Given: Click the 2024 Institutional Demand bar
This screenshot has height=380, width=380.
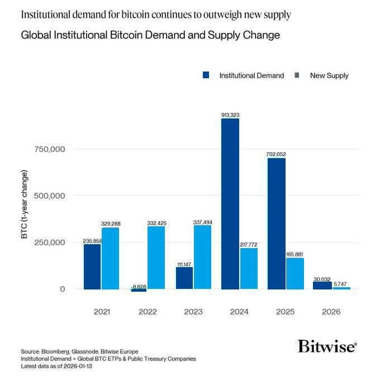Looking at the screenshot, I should pyautogui.click(x=230, y=204).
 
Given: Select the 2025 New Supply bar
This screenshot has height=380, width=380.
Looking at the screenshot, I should pyautogui.click(x=294, y=274).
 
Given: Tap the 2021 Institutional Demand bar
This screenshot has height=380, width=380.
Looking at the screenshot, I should pyautogui.click(x=92, y=267).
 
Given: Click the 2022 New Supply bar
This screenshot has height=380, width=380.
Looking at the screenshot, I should pyautogui.click(x=156, y=258).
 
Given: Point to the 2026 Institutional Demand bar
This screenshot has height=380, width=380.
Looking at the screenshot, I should pyautogui.click(x=322, y=285).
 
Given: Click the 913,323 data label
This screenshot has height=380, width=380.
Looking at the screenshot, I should pyautogui.click(x=230, y=115).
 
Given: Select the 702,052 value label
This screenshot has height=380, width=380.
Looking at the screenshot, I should pyautogui.click(x=276, y=154).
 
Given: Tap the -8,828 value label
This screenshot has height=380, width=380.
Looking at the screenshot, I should pyautogui.click(x=138, y=286).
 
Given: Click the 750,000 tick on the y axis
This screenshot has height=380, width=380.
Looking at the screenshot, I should pyautogui.click(x=50, y=149).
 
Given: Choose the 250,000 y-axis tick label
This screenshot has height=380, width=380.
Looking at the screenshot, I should pyautogui.click(x=50, y=243).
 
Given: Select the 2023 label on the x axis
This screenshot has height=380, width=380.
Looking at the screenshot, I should pyautogui.click(x=193, y=312).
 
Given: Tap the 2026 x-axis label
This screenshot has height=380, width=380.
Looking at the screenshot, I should pyautogui.click(x=331, y=312).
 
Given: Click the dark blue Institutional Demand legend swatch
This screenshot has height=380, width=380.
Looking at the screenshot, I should pyautogui.click(x=206, y=75).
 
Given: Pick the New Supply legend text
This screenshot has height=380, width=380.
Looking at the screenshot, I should pyautogui.click(x=329, y=75).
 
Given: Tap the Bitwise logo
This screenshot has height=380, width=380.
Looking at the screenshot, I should pyautogui.click(x=327, y=346).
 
